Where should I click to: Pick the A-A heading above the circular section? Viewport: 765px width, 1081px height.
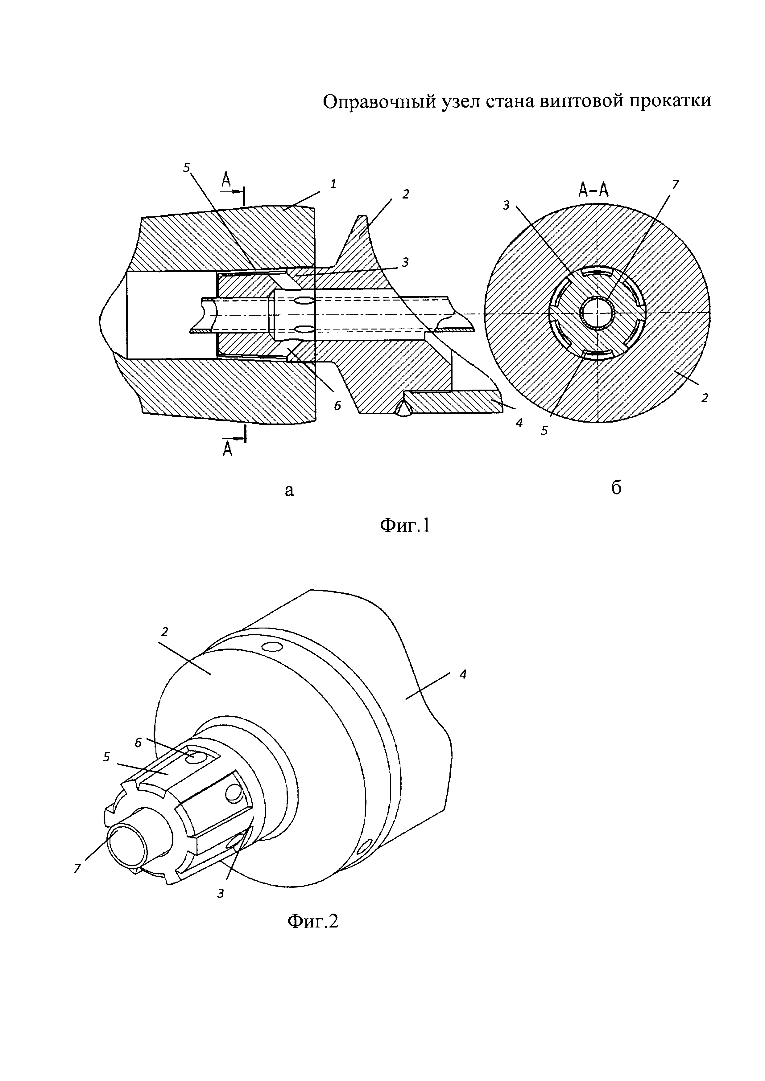593,189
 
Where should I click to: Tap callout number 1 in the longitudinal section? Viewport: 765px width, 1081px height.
333,184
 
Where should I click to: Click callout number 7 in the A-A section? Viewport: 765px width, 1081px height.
675,185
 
